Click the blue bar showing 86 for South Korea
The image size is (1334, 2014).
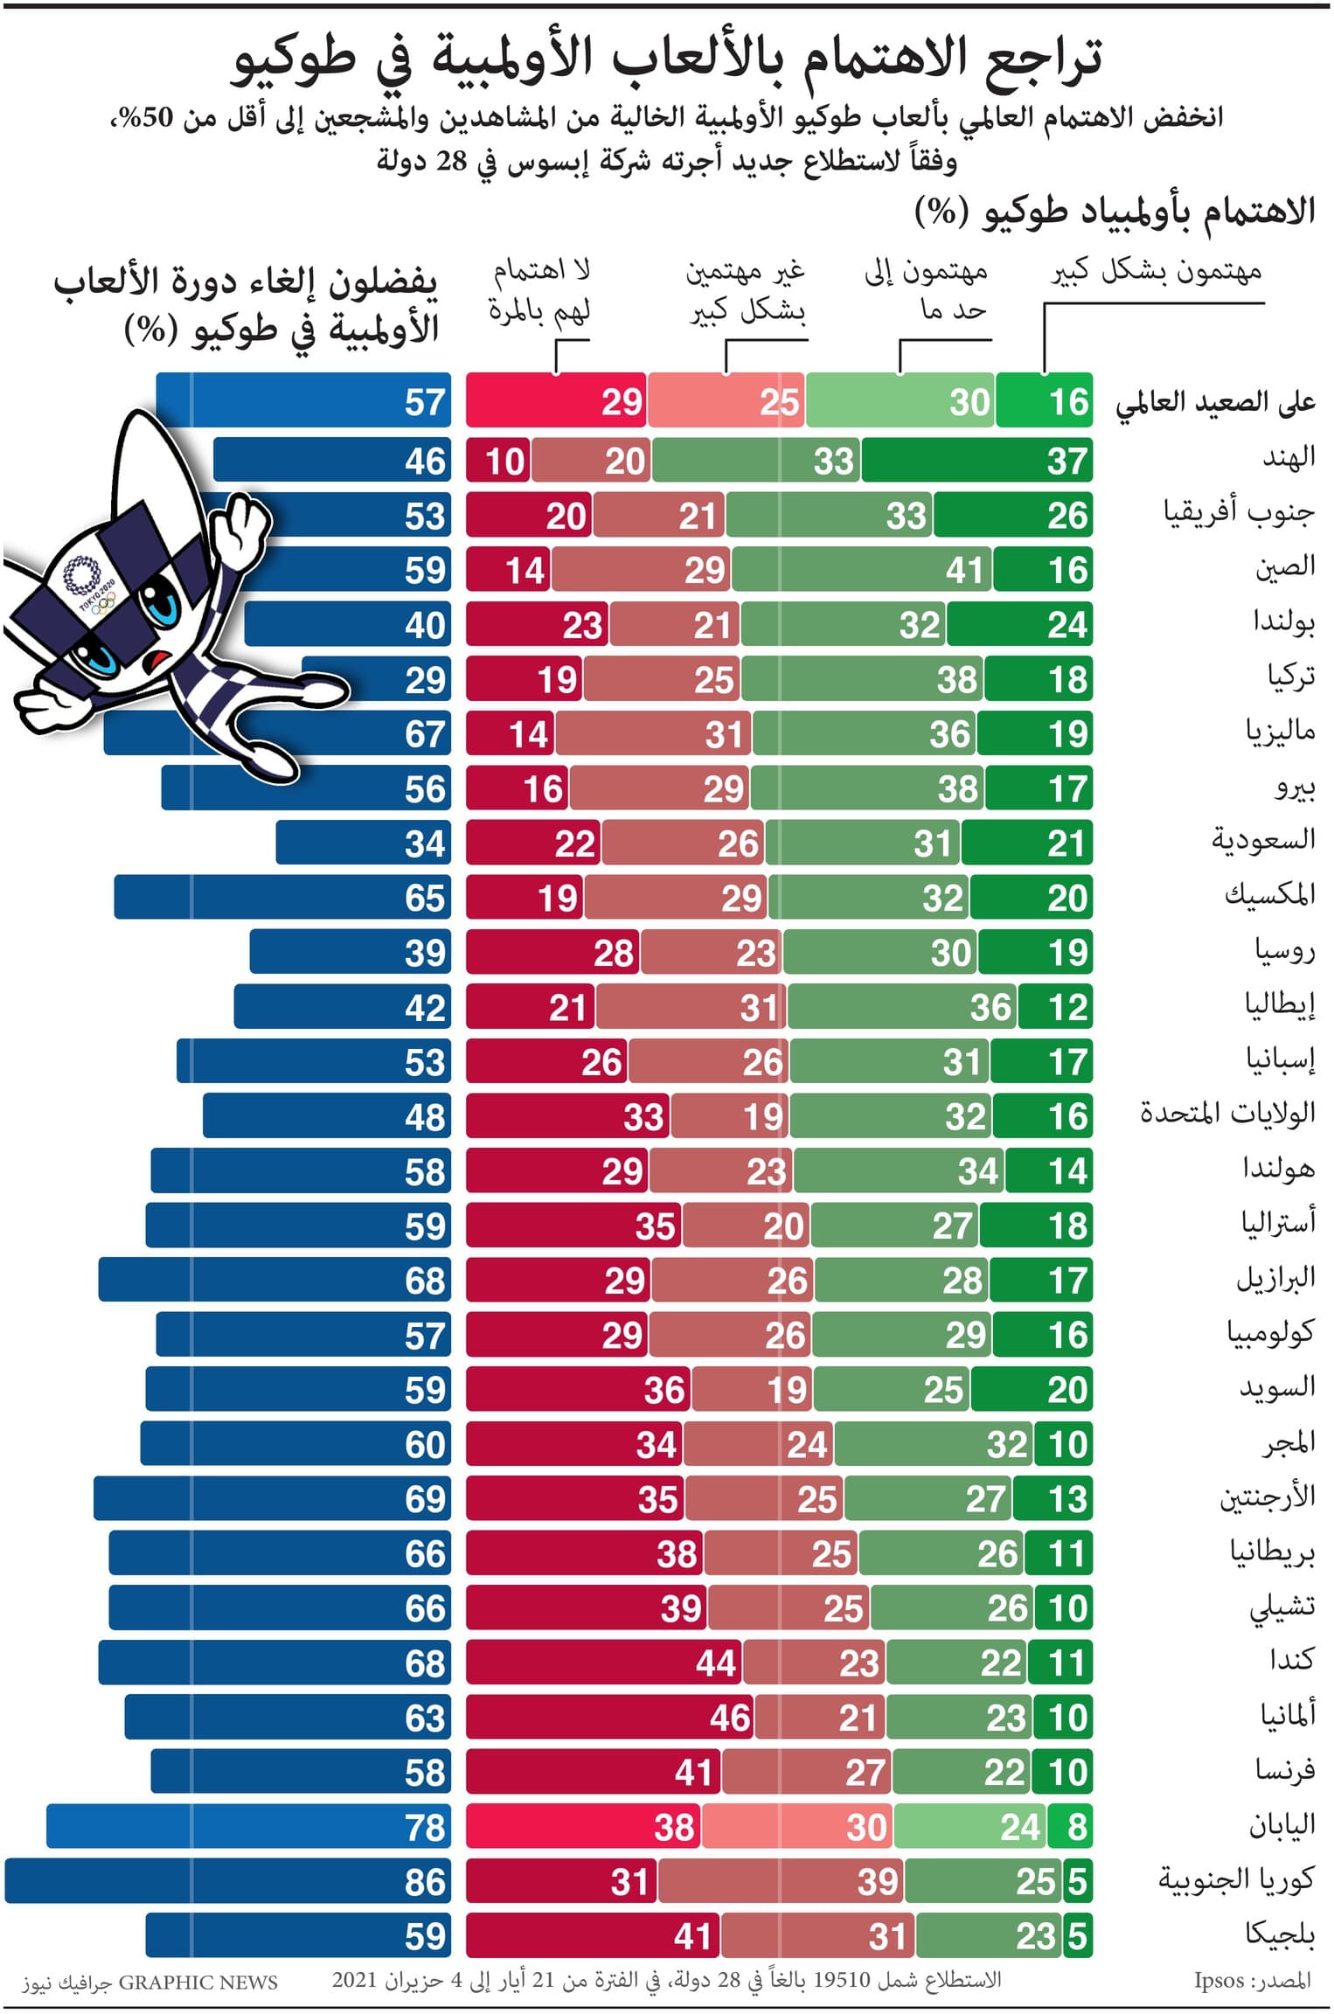[227, 1880]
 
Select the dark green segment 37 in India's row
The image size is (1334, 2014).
[976, 460]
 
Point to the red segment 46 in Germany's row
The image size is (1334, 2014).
[609, 1718]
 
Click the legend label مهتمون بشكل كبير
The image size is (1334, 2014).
[1155, 272]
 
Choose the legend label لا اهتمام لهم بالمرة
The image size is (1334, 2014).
[539, 290]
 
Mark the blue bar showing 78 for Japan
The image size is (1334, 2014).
[248, 1826]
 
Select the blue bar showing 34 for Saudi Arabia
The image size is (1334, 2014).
[363, 843]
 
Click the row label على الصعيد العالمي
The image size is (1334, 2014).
[1214, 402]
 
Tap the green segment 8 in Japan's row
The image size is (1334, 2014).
[1070, 1826]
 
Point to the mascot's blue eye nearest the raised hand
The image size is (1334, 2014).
[164, 603]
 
